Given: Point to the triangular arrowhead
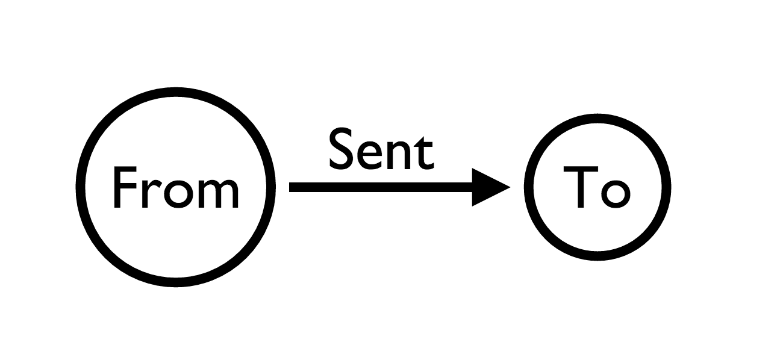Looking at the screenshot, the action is [x=488, y=187].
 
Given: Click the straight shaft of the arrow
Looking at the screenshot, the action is [x=379, y=187].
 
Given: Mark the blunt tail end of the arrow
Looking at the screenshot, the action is [x=292, y=187].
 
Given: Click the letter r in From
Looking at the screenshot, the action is [x=150, y=193].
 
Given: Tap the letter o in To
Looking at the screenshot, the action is [x=614, y=193].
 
